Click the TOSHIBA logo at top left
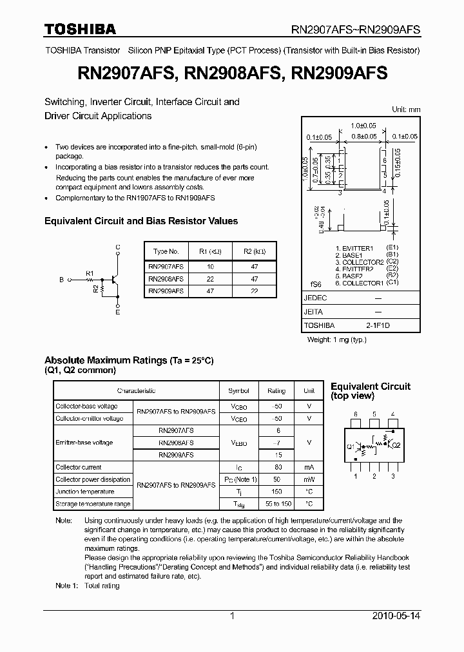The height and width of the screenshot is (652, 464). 80,29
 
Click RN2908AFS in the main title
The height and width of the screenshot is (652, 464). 233,73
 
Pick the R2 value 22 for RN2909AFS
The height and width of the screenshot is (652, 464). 254,291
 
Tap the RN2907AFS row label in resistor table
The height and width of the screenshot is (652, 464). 166,265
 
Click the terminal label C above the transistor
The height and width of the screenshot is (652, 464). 117,247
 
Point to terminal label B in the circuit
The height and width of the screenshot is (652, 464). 62,280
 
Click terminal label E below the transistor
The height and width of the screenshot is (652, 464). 117,312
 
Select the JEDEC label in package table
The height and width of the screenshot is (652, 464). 316,298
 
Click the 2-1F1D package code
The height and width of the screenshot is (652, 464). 378,325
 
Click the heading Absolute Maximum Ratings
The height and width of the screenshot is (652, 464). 105,360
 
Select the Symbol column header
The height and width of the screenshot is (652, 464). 238,390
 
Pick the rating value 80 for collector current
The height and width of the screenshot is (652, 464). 278,467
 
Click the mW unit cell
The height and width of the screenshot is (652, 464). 309,479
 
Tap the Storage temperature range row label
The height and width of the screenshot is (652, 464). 93,504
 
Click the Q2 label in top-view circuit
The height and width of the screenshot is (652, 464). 396,445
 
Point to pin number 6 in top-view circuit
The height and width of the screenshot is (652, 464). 355,414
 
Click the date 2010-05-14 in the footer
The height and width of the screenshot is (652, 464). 396,616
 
